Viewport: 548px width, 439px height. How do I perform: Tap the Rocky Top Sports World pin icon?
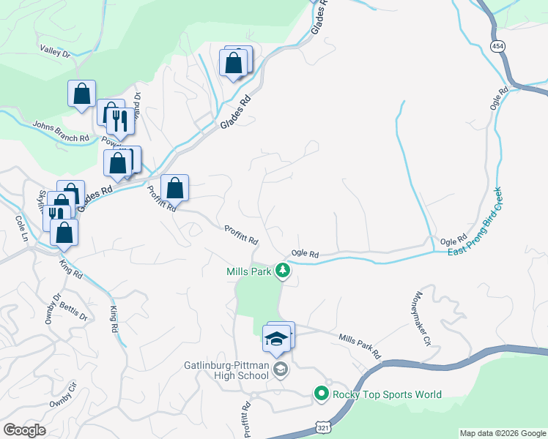[321, 394]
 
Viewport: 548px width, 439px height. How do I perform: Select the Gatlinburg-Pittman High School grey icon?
[280, 370]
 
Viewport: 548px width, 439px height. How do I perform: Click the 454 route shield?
[498, 45]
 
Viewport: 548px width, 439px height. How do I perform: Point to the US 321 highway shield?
[322, 426]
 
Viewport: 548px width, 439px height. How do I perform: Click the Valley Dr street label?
[55, 51]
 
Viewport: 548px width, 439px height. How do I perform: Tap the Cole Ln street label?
[21, 230]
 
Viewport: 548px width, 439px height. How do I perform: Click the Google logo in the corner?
[24, 430]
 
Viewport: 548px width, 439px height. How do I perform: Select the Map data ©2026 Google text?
[503, 433]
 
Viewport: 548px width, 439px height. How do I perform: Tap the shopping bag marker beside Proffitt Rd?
[175, 189]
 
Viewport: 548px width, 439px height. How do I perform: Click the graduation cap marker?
[277, 339]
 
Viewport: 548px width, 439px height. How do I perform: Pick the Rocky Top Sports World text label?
[388, 395]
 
